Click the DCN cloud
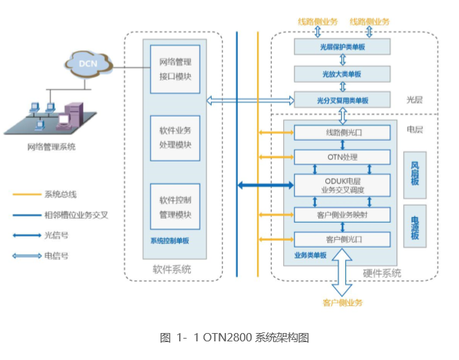[x=88, y=63]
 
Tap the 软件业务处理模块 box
[x=175, y=138]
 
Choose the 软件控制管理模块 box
[x=175, y=206]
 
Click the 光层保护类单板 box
[x=343, y=46]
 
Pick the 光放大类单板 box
[x=343, y=74]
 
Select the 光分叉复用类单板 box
[x=343, y=101]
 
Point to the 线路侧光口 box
[x=343, y=132]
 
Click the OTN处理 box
[x=343, y=157]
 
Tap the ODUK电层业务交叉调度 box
[x=343, y=184]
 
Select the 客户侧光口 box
[x=343, y=239]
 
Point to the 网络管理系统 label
[x=51, y=147]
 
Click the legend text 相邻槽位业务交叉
[x=76, y=214]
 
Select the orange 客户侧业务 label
[x=343, y=302]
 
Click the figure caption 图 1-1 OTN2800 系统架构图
[x=234, y=337]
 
